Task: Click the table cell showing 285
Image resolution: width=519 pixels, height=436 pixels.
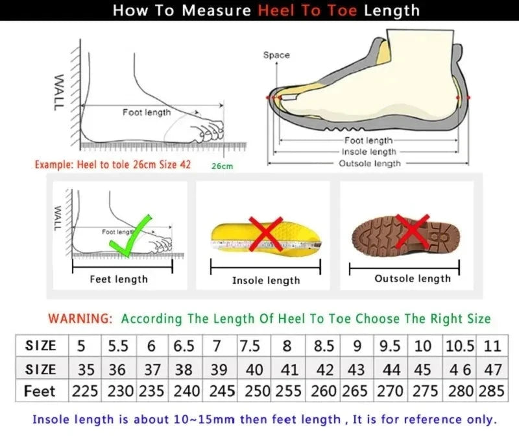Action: tap(491, 392)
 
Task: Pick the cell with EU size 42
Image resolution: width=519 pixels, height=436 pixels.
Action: tap(324, 369)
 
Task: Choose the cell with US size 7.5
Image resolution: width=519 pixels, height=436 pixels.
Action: tap(250, 346)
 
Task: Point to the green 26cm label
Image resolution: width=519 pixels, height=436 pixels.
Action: tap(222, 166)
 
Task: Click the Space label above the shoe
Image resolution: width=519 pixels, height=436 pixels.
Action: tap(276, 55)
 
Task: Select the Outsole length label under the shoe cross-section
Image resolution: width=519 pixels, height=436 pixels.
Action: tap(370, 164)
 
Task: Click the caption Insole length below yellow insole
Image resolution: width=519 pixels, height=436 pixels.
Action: tap(266, 280)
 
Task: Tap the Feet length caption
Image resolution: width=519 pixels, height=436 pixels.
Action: tap(119, 279)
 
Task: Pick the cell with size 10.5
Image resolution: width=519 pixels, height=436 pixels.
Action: tap(460, 346)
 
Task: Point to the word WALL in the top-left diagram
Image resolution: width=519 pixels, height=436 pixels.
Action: tap(58, 91)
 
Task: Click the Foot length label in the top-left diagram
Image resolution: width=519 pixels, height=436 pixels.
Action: tap(147, 112)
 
